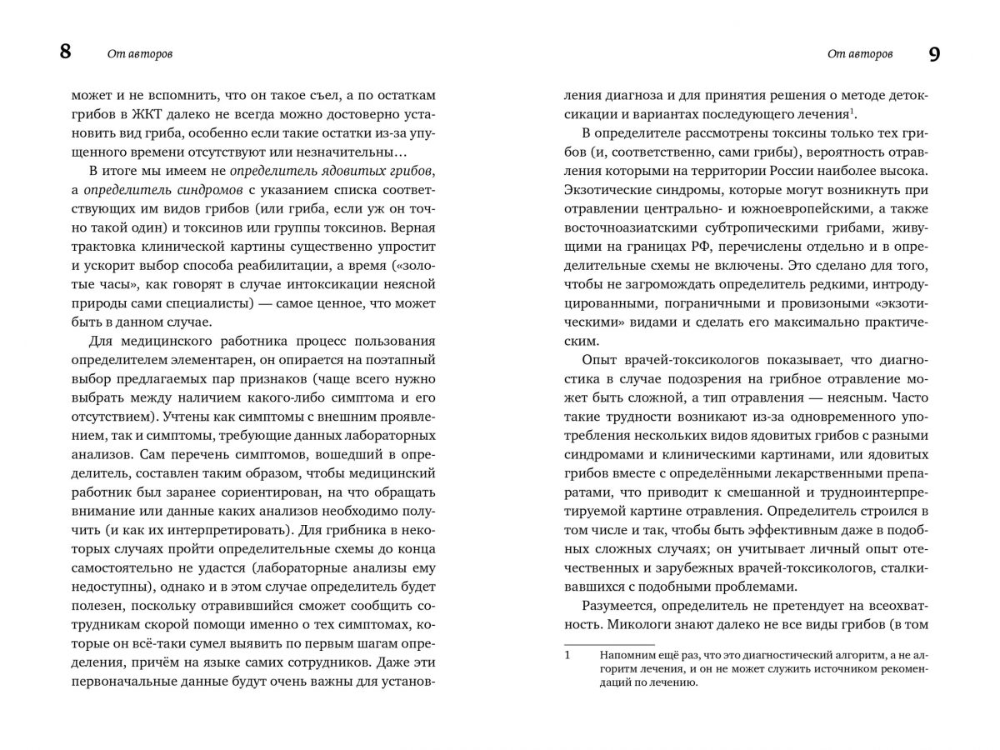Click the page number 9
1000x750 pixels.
[x=933, y=54]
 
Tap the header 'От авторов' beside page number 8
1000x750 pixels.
[x=140, y=55]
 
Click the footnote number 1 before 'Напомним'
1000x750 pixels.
[x=568, y=655]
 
